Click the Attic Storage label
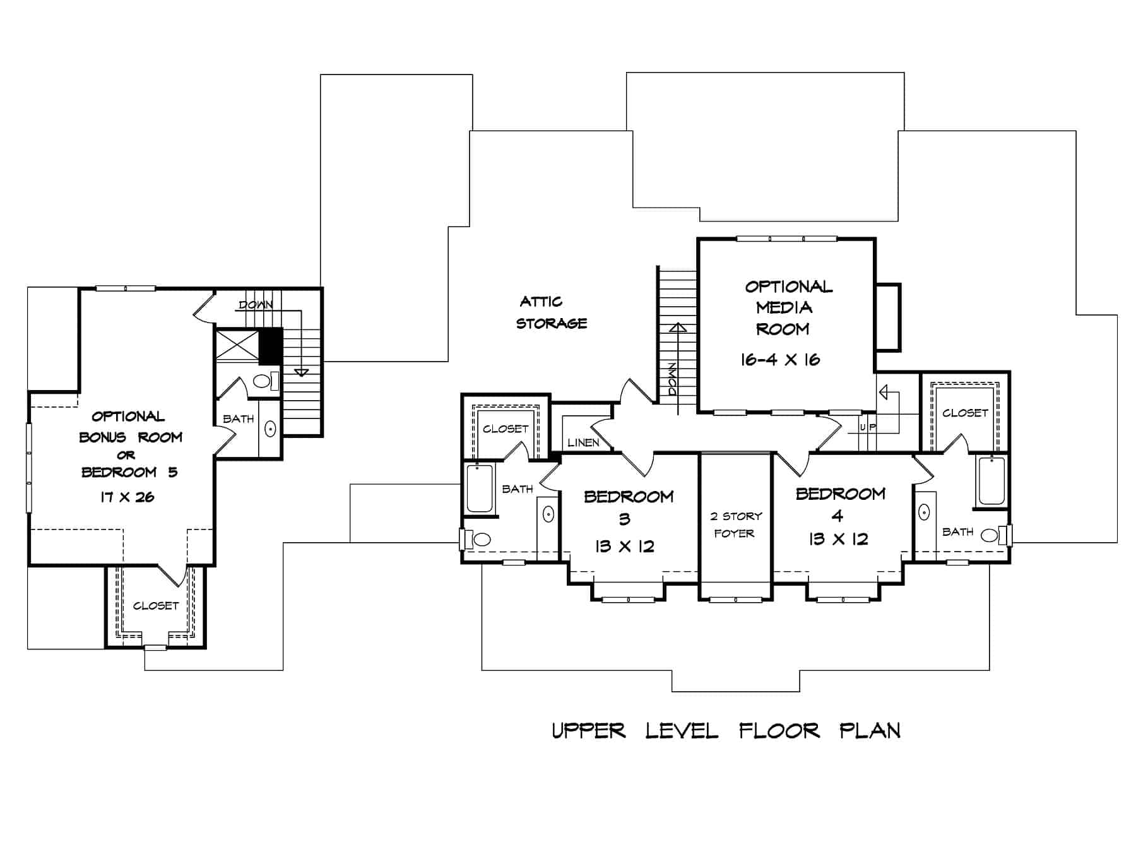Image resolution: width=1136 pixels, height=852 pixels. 551,312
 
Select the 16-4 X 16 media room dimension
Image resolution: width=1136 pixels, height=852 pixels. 780,360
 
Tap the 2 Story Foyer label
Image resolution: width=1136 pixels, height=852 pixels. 735,524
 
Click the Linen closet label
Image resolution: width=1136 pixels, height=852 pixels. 583,443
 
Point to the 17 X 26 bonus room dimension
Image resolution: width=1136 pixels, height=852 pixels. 127,497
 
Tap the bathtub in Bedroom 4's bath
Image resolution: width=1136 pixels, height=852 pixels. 991,482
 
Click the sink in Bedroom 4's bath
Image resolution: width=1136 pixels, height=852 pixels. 925,512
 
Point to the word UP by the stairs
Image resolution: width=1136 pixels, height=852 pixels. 868,427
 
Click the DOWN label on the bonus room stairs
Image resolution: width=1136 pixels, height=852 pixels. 256,305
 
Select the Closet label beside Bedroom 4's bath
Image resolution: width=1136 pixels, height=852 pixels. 964,413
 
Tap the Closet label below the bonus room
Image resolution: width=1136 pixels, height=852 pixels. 156,606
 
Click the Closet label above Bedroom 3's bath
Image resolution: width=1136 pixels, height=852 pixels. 505,429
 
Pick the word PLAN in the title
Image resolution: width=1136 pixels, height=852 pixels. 870,731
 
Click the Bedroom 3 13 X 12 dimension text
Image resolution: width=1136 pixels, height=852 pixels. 624,547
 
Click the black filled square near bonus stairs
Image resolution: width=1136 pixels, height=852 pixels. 271,346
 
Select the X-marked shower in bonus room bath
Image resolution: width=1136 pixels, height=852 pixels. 237,345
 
